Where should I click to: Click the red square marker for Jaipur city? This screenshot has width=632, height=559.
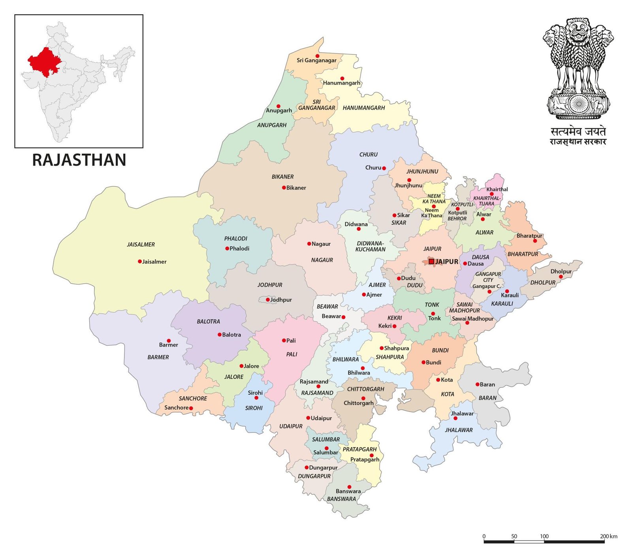[431, 262]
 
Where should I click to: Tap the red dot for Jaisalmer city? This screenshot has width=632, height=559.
[140, 262]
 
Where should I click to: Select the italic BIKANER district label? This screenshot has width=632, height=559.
[282, 177]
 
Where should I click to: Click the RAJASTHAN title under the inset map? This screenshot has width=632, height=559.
[79, 160]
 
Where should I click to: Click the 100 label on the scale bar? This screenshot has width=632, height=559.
[544, 536]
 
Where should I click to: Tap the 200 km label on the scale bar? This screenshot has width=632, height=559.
[608, 536]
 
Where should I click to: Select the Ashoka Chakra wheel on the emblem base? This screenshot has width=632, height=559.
[579, 104]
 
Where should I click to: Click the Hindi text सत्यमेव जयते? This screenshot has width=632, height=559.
[578, 132]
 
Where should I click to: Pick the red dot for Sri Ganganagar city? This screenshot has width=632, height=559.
[317, 56]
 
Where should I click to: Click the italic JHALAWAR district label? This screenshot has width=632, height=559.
[459, 430]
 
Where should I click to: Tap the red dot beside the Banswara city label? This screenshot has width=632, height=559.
[349, 487]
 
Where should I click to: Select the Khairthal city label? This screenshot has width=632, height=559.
[497, 189]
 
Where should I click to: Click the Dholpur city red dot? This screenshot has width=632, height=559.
[560, 277]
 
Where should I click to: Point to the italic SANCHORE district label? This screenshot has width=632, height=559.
[193, 398]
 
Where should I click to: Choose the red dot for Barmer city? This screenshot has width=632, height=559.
[169, 341]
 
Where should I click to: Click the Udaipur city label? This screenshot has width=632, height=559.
[321, 418]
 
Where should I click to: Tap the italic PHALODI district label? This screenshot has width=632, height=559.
[236, 239]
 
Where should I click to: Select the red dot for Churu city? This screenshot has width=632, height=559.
[384, 168]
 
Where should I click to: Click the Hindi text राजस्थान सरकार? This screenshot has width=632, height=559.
[578, 142]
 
